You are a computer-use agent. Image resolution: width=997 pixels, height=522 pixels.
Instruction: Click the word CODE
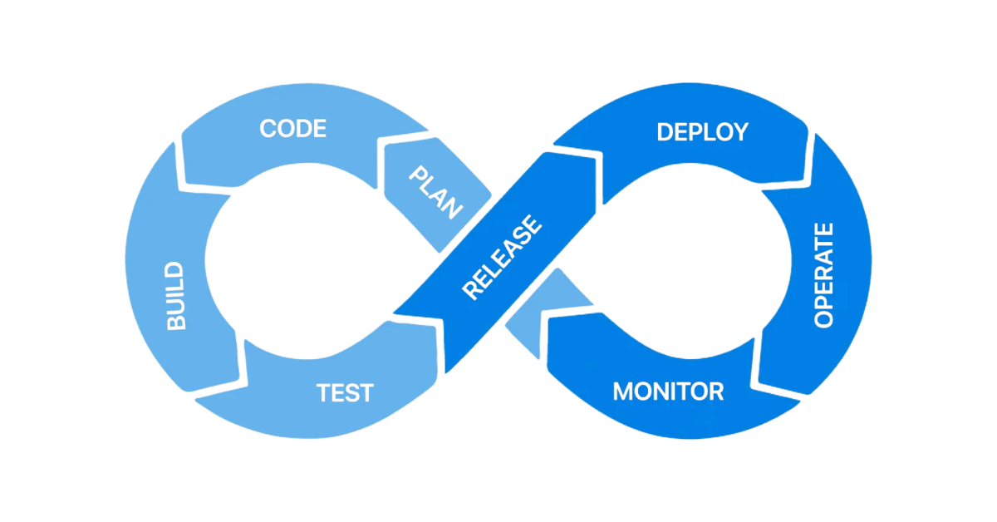click(292, 129)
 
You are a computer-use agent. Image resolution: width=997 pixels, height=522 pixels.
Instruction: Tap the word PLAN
click(435, 191)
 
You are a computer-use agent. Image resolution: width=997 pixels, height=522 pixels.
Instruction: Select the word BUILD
click(176, 297)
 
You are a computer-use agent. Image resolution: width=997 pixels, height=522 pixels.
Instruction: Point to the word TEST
click(345, 392)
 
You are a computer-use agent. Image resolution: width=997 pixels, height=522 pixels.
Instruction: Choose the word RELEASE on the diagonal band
click(502, 259)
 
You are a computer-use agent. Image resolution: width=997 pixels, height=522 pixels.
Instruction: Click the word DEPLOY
click(702, 131)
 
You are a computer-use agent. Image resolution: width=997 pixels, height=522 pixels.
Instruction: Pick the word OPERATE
click(823, 274)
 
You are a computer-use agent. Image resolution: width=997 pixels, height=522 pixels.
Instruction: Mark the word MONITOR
click(668, 391)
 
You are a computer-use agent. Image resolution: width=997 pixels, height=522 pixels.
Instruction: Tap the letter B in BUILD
click(176, 323)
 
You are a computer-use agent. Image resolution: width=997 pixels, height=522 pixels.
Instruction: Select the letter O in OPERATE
click(823, 318)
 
